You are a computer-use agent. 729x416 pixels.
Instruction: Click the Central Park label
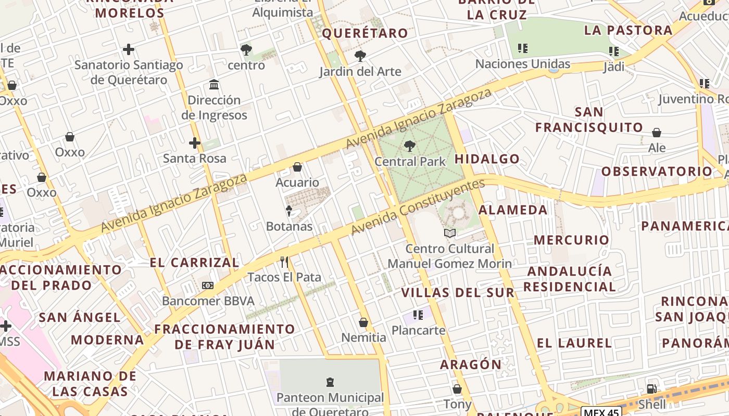[410, 162]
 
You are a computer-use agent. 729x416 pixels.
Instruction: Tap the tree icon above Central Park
[410, 146]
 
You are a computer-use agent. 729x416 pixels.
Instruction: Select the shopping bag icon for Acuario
[297, 167]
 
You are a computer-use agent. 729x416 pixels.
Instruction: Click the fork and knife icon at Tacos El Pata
[284, 262]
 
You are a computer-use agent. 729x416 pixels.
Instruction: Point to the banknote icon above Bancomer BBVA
[208, 285]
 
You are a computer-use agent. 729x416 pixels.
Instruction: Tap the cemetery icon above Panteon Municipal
[330, 383]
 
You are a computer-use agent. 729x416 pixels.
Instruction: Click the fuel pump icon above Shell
[651, 388]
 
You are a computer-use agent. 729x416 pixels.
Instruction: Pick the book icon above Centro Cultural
[450, 233]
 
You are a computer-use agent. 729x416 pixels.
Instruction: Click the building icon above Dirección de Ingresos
[214, 84]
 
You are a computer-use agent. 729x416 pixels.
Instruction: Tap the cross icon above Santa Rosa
[195, 142]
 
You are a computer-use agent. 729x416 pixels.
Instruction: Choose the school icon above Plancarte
[418, 315]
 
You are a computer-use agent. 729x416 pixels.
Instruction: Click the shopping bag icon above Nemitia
[363, 322]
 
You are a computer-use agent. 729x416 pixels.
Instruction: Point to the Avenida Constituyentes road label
[418, 207]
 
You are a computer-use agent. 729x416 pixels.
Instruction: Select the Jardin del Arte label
[360, 72]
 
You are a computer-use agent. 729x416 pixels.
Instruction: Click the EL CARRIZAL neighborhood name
[194, 263]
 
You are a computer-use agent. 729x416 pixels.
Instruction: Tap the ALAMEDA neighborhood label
[513, 210]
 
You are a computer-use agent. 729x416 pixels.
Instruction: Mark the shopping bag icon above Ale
[657, 133]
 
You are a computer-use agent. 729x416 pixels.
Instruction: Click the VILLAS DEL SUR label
[458, 293]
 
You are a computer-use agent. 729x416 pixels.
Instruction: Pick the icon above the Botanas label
[289, 211]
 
